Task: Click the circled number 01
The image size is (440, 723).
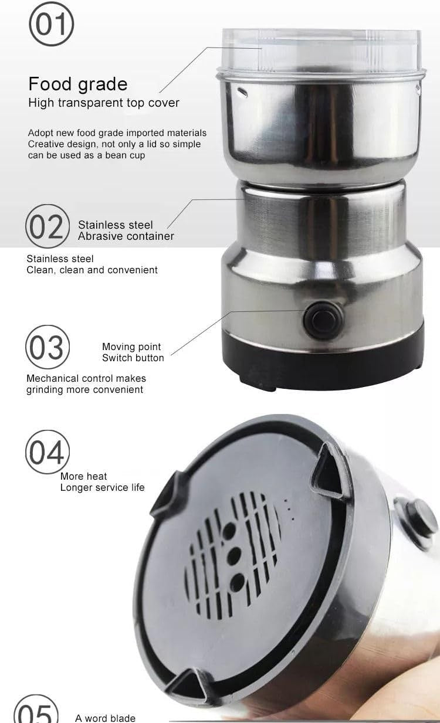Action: pyautogui.click(x=51, y=23)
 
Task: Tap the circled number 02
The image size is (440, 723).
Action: pyautogui.click(x=48, y=226)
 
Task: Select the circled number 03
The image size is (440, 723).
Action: pyautogui.click(x=48, y=347)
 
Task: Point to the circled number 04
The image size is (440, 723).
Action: pyautogui.click(x=48, y=452)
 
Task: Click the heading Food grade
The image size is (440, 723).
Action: pyautogui.click(x=78, y=84)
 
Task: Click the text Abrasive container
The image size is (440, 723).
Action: pyautogui.click(x=126, y=236)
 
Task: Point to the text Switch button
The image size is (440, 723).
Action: pyautogui.click(x=133, y=358)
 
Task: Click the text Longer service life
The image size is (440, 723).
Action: pyautogui.click(x=102, y=487)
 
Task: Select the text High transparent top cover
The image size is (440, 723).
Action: pyautogui.click(x=104, y=103)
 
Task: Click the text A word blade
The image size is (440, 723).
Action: pyautogui.click(x=105, y=718)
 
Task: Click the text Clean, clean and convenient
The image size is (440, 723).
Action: pyautogui.click(x=92, y=270)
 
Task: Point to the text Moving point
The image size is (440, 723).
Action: pyautogui.click(x=131, y=347)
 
